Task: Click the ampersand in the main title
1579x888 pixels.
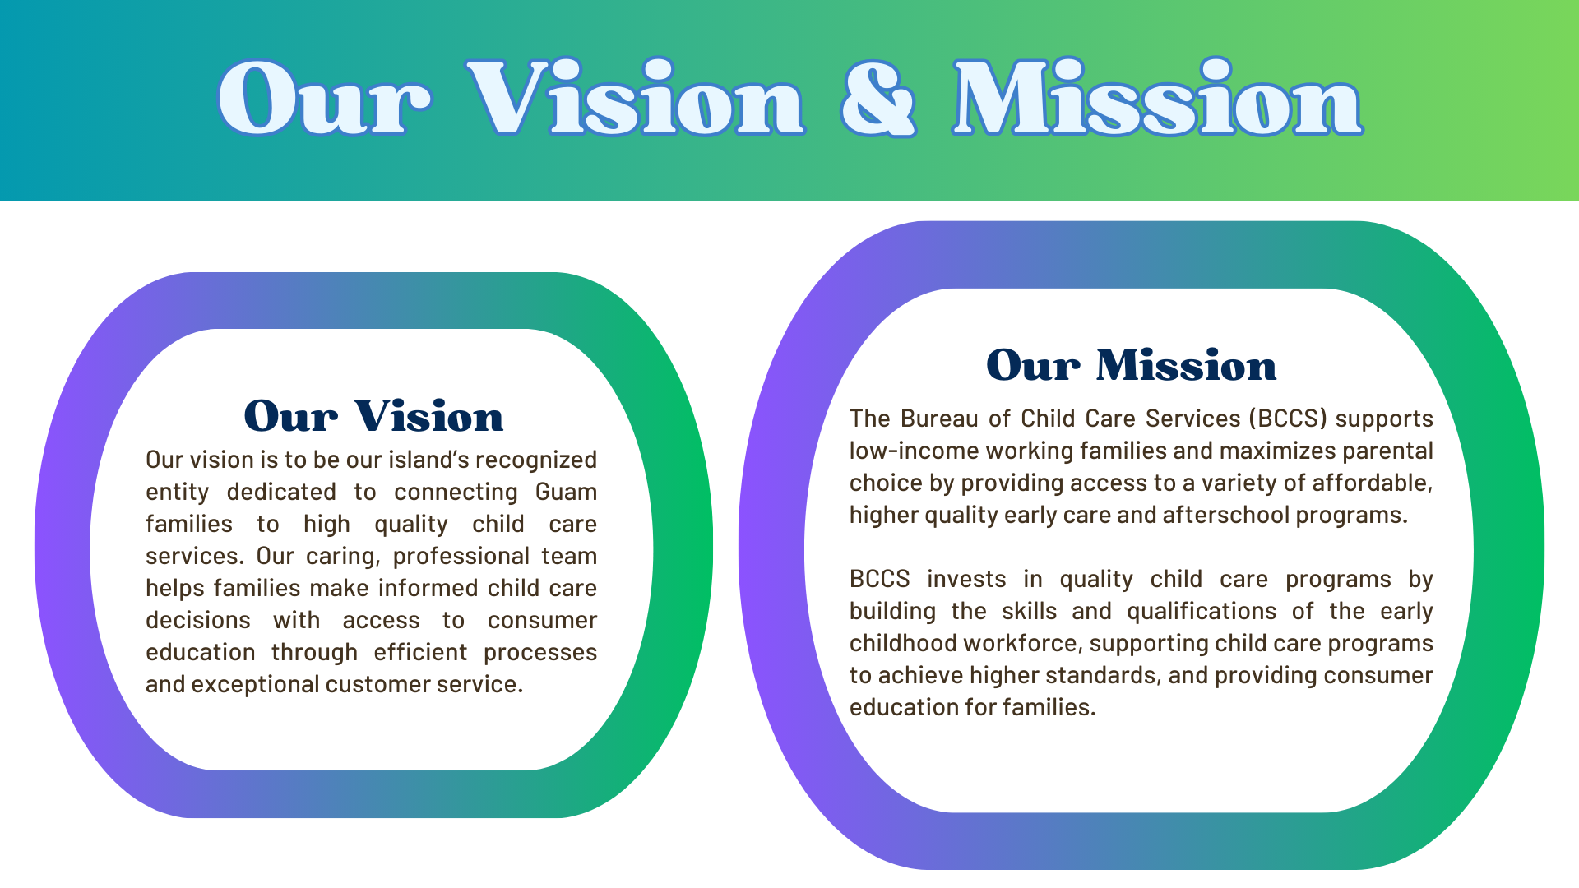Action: coord(877,99)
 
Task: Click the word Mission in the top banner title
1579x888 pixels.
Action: coord(1158,97)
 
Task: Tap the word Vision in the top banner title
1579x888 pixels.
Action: coord(635,97)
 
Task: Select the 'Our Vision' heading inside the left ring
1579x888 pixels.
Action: coord(373,416)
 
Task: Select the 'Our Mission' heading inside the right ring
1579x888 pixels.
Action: coord(1132,365)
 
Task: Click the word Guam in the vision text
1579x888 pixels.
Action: coord(566,492)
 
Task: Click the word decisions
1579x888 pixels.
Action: coord(198,620)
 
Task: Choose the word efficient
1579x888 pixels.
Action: coord(420,652)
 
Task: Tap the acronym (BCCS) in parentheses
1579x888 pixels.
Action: coord(1288,419)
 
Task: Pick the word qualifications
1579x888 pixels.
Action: coord(1202,613)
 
